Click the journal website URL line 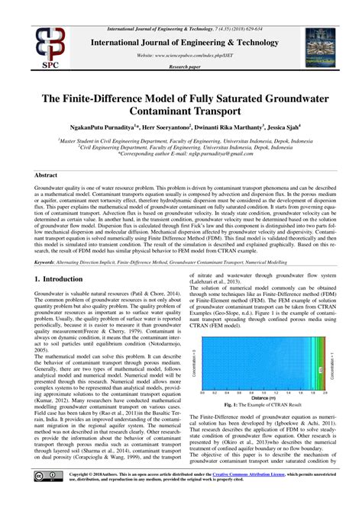point(180,56)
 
